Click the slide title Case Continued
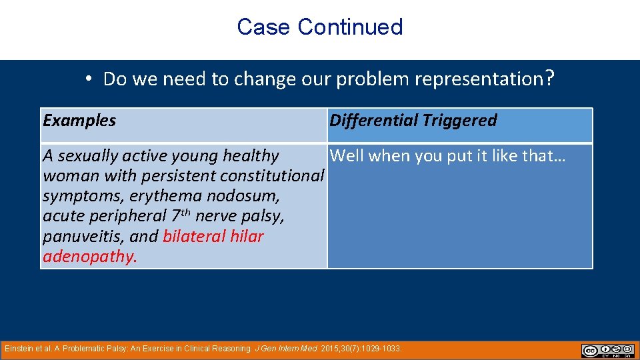(319, 27)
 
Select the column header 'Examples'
(79, 121)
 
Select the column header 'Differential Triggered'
(413, 121)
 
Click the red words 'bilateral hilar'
(213, 237)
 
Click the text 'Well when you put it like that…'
(448, 156)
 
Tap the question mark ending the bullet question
(549, 79)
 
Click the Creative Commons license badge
(607, 351)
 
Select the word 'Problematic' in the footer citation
(85, 349)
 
